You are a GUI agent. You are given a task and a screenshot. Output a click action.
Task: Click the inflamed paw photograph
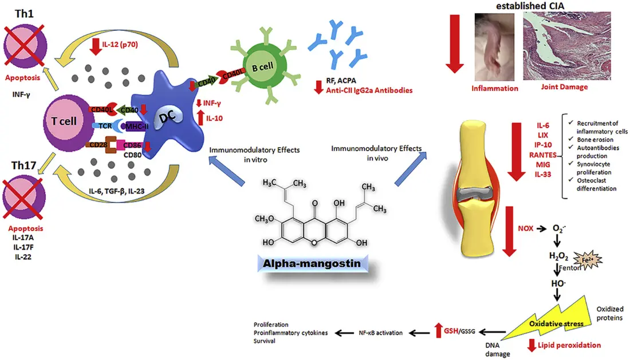coord(495,48)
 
